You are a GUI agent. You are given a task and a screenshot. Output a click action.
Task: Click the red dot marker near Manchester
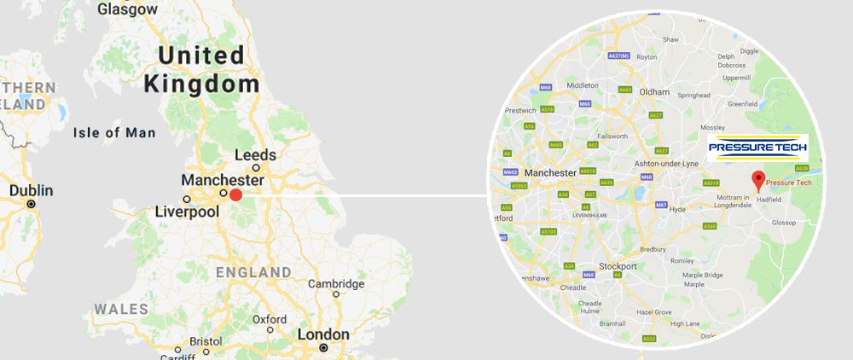tap(236, 195)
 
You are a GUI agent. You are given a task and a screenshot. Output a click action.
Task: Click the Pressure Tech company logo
tap(757, 148)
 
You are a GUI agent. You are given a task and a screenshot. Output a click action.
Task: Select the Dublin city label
tap(31, 191)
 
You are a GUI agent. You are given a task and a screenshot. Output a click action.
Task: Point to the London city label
tap(323, 335)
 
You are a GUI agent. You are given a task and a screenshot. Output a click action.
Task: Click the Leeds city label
tap(255, 155)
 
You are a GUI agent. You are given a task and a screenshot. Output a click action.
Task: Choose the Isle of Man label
tap(114, 132)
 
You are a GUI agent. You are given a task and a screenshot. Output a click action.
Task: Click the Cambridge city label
tap(336, 284)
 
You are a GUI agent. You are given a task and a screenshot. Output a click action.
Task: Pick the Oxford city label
tap(269, 320)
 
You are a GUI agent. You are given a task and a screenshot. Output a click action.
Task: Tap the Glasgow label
tap(128, 9)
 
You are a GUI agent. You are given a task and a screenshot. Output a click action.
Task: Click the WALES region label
tap(121, 309)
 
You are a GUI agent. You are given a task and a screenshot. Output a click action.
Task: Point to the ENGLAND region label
tap(253, 272)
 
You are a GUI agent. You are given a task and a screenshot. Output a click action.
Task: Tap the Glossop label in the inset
tap(784, 223)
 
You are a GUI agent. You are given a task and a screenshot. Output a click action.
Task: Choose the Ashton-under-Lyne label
tap(668, 163)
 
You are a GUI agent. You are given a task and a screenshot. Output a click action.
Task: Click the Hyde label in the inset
tap(678, 209)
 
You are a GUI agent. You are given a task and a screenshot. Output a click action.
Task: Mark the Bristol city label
tap(206, 341)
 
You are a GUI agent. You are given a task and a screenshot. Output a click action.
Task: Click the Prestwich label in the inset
tap(519, 110)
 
